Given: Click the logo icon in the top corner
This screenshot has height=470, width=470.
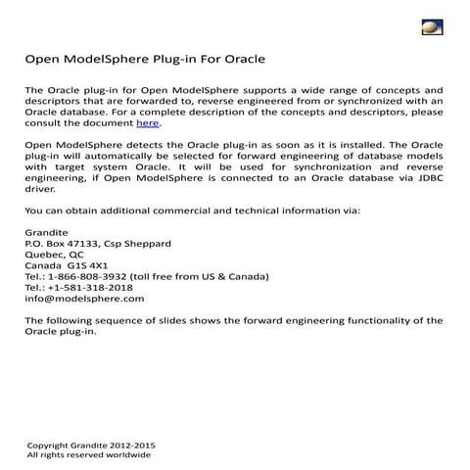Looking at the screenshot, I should pyautogui.click(x=432, y=25).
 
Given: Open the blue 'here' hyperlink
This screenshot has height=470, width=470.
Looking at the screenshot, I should pyautogui.click(x=147, y=123).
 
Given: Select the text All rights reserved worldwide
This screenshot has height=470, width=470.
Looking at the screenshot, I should pyautogui.click(x=88, y=454).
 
